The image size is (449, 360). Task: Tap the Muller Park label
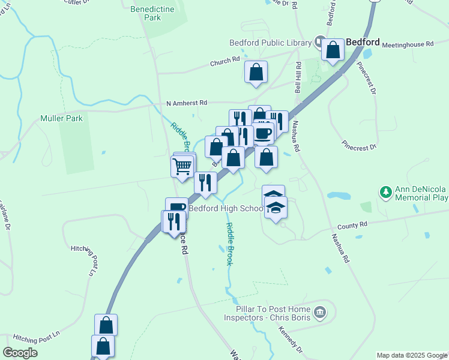pos(61,119)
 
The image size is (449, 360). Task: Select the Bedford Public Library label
pos(270,43)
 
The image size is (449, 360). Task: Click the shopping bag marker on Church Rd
pos(256,73)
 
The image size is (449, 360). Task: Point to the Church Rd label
pos(224,62)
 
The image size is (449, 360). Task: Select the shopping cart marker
pos(182,166)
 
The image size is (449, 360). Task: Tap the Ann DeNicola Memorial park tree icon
pos(385,192)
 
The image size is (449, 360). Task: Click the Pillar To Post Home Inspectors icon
pos(320,312)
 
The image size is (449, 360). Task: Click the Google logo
pos(20,353)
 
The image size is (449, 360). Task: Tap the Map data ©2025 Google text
pos(411,355)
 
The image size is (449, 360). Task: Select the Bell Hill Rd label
pos(297,76)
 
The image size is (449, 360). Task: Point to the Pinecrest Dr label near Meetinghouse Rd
pos(368,78)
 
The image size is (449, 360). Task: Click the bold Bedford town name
pos(363,42)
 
